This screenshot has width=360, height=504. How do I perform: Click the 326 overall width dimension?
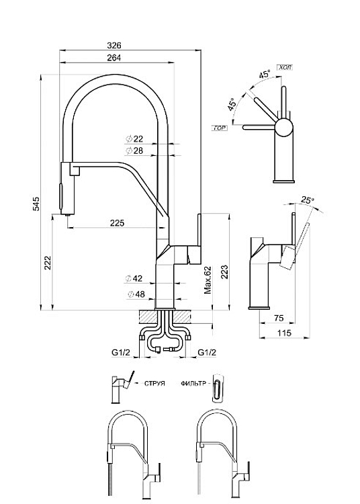click(x=114, y=45)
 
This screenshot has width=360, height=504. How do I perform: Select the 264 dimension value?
click(x=114, y=58)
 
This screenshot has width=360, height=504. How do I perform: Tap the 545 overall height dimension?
click(x=37, y=204)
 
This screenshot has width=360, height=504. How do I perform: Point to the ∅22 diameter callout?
click(x=134, y=139)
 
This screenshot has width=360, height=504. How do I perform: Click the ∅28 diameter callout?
click(x=134, y=151)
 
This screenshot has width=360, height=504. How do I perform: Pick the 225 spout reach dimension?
click(x=117, y=222)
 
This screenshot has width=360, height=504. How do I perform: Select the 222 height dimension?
click(x=48, y=263)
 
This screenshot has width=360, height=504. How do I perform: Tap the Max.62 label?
click(x=208, y=280)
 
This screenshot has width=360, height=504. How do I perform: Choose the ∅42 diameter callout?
click(x=134, y=278)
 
